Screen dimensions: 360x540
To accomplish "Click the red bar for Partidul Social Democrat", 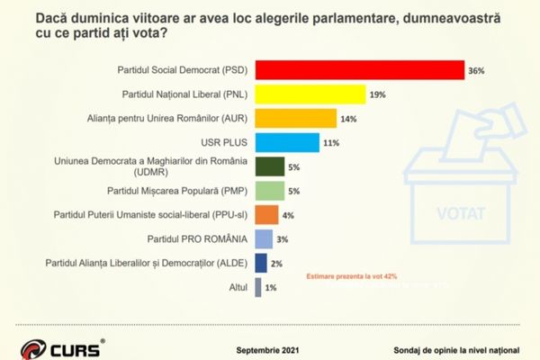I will pyautogui.click(x=360, y=69).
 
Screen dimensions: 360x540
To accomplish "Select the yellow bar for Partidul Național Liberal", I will pyautogui.click(x=310, y=94).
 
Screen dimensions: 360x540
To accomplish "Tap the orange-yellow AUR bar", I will pyautogui.click(x=296, y=118).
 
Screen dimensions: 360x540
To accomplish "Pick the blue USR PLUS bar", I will pyautogui.click(x=287, y=142).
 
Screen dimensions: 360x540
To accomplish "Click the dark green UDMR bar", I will pyautogui.click(x=271, y=166).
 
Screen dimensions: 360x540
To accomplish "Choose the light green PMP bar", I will pyautogui.click(x=271, y=191).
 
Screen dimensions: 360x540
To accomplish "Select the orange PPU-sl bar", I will pyautogui.click(x=267, y=215).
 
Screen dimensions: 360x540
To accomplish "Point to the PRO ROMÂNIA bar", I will pyautogui.click(x=265, y=238).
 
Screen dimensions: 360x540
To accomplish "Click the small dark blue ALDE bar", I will pyautogui.click(x=261, y=263).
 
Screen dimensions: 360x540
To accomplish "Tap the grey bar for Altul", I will pyautogui.click(x=258, y=287).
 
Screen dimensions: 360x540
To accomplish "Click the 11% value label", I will pyautogui.click(x=329, y=143).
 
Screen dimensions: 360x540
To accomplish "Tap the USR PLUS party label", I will pyautogui.click(x=225, y=142).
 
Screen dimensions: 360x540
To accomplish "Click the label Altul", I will pyautogui.click(x=237, y=287).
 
